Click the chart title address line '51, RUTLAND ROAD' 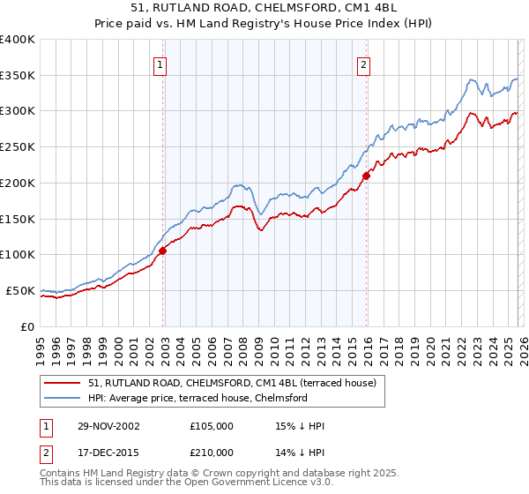(x=264, y=8)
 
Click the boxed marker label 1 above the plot (x=160, y=64)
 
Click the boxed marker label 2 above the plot (x=363, y=64)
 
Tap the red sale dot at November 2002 (x=163, y=251)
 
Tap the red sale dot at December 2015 (x=367, y=175)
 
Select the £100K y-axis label (x=18, y=254)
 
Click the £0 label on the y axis (x=26, y=326)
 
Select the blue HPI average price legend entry (x=197, y=398)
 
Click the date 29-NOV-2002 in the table (x=108, y=426)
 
